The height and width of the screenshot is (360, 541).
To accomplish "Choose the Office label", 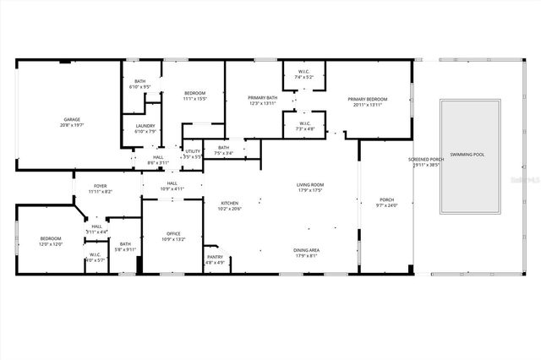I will (173, 236).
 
